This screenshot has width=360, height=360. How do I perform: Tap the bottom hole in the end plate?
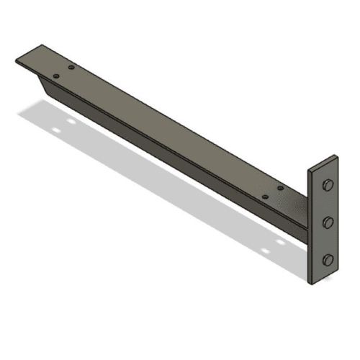329,259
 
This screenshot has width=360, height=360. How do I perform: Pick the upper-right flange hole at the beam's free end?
72,67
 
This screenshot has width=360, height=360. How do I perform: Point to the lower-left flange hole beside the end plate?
265,195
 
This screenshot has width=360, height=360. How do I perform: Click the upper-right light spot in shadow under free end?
71,122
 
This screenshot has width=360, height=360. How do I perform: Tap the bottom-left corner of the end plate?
311,284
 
